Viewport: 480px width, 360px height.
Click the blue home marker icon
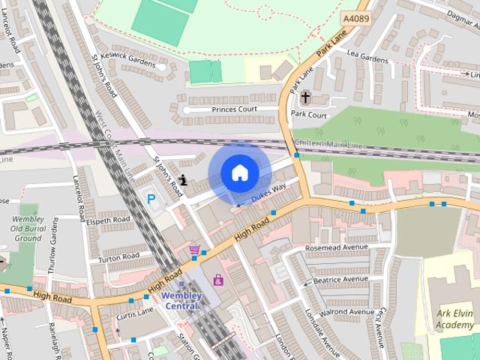point(239,172)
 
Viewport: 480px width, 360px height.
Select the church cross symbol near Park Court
point(305,97)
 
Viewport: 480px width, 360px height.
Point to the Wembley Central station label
point(181,300)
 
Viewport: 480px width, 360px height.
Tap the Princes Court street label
point(234,109)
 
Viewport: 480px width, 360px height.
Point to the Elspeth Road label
point(109,220)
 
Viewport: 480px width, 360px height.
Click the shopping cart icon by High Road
point(195,250)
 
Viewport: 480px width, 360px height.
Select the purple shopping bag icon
point(218,280)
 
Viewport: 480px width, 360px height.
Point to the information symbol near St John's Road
point(184,180)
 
